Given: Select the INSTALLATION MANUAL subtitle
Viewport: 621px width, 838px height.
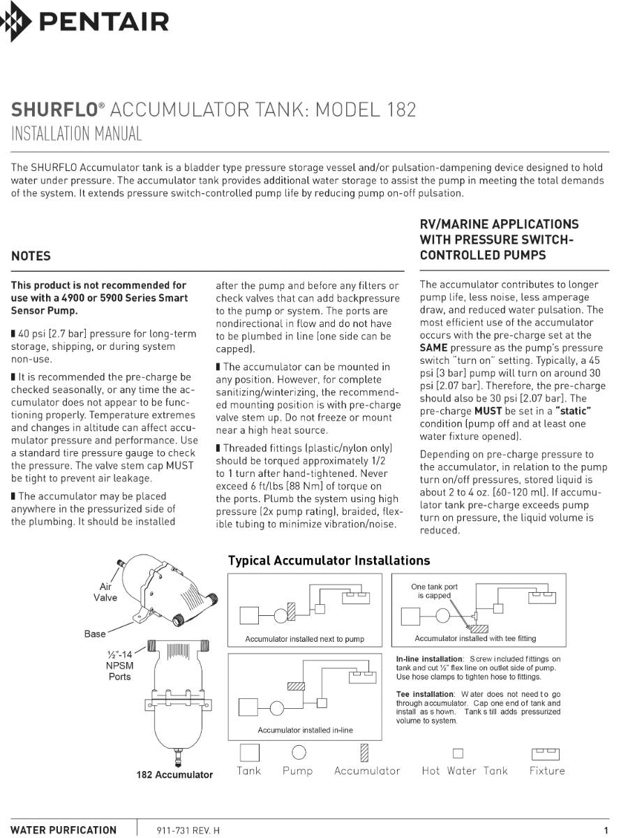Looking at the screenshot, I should point(77,134).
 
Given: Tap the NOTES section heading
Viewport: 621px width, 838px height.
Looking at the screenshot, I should point(31,256).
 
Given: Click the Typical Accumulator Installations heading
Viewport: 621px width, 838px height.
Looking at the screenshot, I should point(329,561).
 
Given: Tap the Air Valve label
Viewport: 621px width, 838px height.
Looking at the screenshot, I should point(105,592).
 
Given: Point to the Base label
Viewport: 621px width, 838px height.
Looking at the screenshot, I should point(95,634).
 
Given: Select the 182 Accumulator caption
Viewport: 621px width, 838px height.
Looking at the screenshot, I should point(174,774).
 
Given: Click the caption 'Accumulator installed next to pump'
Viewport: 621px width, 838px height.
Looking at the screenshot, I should point(304,639).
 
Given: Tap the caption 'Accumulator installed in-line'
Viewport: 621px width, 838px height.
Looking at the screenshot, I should point(305,730).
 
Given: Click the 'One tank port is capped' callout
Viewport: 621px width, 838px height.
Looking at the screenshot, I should point(434,591).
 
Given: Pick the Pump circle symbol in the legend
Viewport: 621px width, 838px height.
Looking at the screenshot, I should point(299,752).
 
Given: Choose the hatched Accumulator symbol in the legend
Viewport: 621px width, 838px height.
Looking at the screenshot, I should point(364,752).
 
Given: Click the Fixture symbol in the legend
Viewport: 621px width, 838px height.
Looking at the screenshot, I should point(546,754).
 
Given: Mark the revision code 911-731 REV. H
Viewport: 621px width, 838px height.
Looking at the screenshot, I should point(188,830).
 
